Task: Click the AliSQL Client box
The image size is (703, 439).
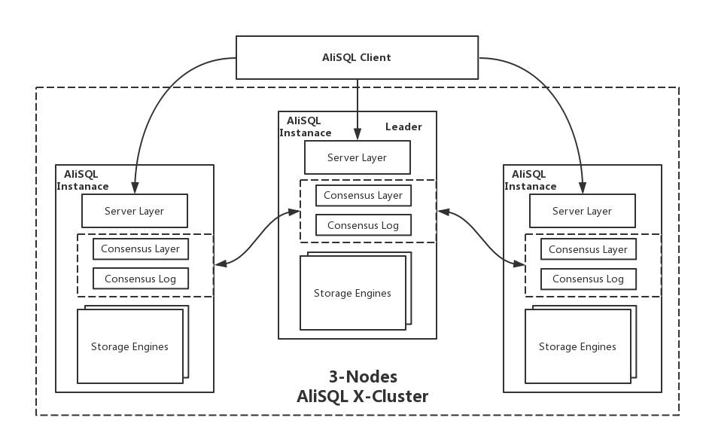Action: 357,57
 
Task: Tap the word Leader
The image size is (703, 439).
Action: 403,127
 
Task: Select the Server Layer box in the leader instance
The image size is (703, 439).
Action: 358,157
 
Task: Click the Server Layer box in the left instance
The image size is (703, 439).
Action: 135,211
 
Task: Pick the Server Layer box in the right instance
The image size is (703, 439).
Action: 583,211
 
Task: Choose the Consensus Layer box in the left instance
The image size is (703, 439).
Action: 140,249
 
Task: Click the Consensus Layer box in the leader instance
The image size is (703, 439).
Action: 363,196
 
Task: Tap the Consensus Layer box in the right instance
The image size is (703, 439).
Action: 589,249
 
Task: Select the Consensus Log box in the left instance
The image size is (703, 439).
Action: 140,279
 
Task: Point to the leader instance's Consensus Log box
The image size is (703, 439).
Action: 363,225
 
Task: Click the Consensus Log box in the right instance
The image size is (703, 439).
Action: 589,279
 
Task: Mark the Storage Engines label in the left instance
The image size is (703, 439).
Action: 129,346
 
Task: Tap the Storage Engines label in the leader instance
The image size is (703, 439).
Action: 352,293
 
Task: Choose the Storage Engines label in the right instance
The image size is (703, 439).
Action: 577,346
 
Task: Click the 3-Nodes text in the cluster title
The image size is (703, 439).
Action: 363,377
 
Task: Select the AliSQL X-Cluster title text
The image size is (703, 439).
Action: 362,396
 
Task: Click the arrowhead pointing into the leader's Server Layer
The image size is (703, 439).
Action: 358,133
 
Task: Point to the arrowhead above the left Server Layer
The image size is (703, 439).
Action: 135,187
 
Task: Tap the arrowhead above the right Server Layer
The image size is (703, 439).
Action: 583,187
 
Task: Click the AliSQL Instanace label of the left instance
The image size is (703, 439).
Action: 83,180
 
